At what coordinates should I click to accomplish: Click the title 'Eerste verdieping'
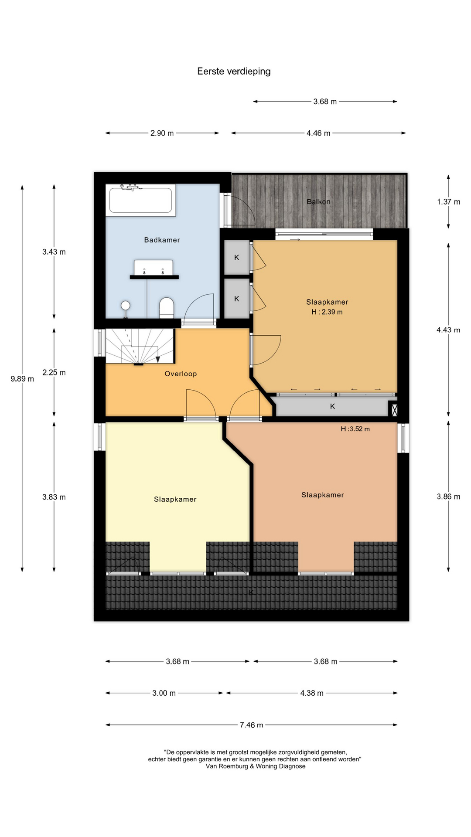[x=234, y=71]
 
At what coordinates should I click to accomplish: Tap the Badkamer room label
[x=162, y=240]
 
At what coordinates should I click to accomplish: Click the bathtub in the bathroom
[x=140, y=200]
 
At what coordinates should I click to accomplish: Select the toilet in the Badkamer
[x=167, y=308]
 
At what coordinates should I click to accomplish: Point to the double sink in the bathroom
[x=154, y=269]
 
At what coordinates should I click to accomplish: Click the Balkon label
[x=318, y=202]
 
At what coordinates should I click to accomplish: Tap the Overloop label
[x=181, y=374]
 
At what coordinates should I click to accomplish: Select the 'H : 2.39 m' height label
[x=327, y=312]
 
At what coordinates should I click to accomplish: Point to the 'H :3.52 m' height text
[x=355, y=429]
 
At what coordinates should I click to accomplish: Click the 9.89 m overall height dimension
[x=22, y=379]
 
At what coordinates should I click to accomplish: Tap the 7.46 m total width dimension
[x=252, y=725]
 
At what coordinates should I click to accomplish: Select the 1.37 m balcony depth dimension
[x=448, y=202]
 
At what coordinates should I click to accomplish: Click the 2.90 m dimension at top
[x=162, y=133]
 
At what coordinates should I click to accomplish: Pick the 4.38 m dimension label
[x=312, y=693]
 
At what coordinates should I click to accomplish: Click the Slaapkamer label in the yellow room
[x=175, y=499]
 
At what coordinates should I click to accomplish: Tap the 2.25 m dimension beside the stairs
[x=54, y=372]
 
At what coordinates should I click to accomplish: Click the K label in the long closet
[x=332, y=406]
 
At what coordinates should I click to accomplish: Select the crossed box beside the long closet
[x=394, y=409]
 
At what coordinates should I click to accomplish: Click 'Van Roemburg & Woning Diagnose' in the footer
[x=256, y=766]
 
